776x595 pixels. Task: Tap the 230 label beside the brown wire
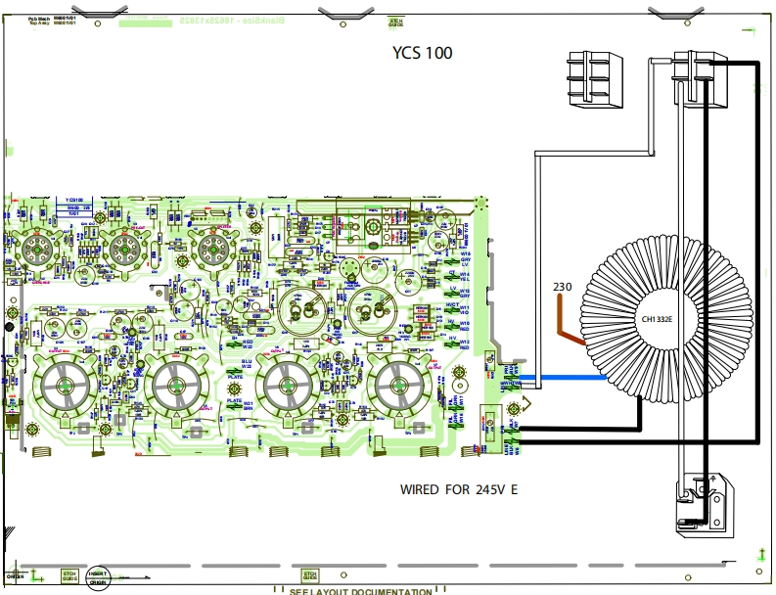(562, 287)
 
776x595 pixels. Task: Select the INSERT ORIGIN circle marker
(98, 577)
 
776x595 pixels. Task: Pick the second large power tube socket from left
(177, 387)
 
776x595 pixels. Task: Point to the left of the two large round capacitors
(299, 311)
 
